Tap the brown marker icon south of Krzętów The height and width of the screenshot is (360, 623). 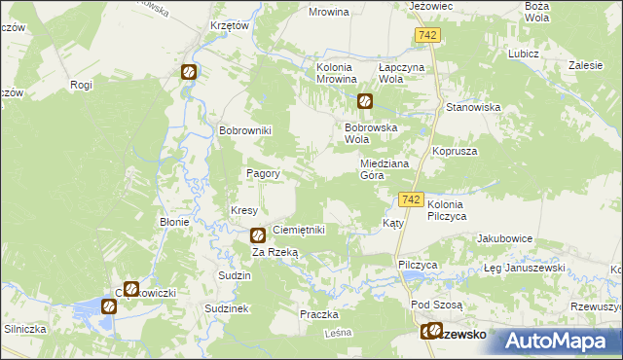[188, 71]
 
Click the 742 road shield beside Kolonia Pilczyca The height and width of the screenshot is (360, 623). [411, 199]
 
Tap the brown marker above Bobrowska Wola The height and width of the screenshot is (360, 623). [364, 100]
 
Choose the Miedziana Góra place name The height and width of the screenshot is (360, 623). [384, 170]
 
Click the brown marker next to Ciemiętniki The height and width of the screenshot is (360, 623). [258, 234]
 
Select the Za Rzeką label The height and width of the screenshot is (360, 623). [275, 252]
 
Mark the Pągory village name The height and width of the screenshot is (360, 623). [263, 174]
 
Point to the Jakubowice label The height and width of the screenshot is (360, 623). [501, 238]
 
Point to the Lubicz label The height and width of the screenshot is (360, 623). [523, 54]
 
